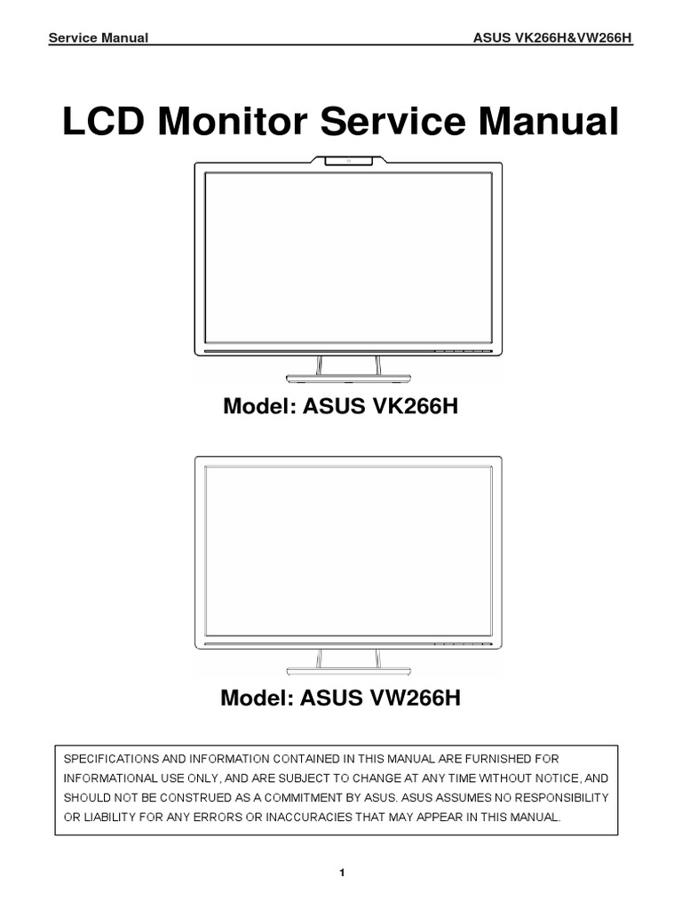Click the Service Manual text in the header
[x=98, y=39]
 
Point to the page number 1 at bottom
[x=341, y=874]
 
